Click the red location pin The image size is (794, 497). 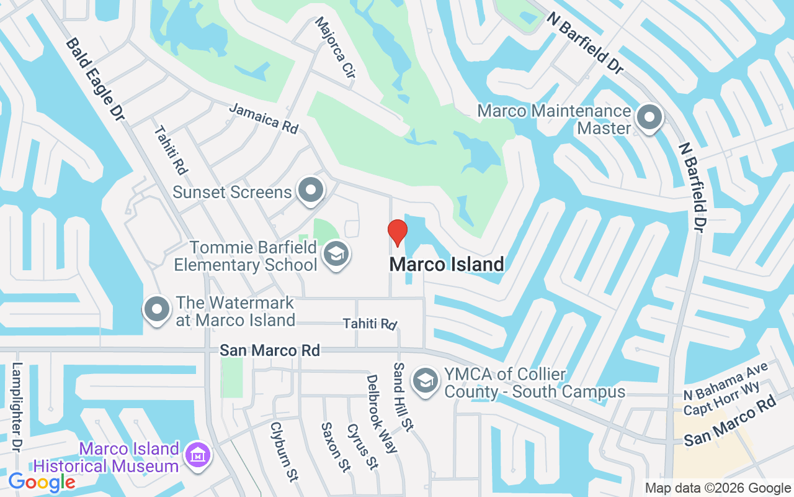[398, 232]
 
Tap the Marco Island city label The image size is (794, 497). [446, 265]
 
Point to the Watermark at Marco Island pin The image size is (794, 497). [157, 309]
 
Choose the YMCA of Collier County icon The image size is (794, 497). [426, 381]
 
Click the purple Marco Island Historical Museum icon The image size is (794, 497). [198, 456]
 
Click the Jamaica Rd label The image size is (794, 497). [264, 118]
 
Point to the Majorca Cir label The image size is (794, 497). [335, 47]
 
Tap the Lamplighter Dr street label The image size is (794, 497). [17, 408]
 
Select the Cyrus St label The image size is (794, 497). [362, 447]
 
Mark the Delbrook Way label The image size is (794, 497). [381, 413]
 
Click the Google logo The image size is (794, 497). [42, 482]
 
